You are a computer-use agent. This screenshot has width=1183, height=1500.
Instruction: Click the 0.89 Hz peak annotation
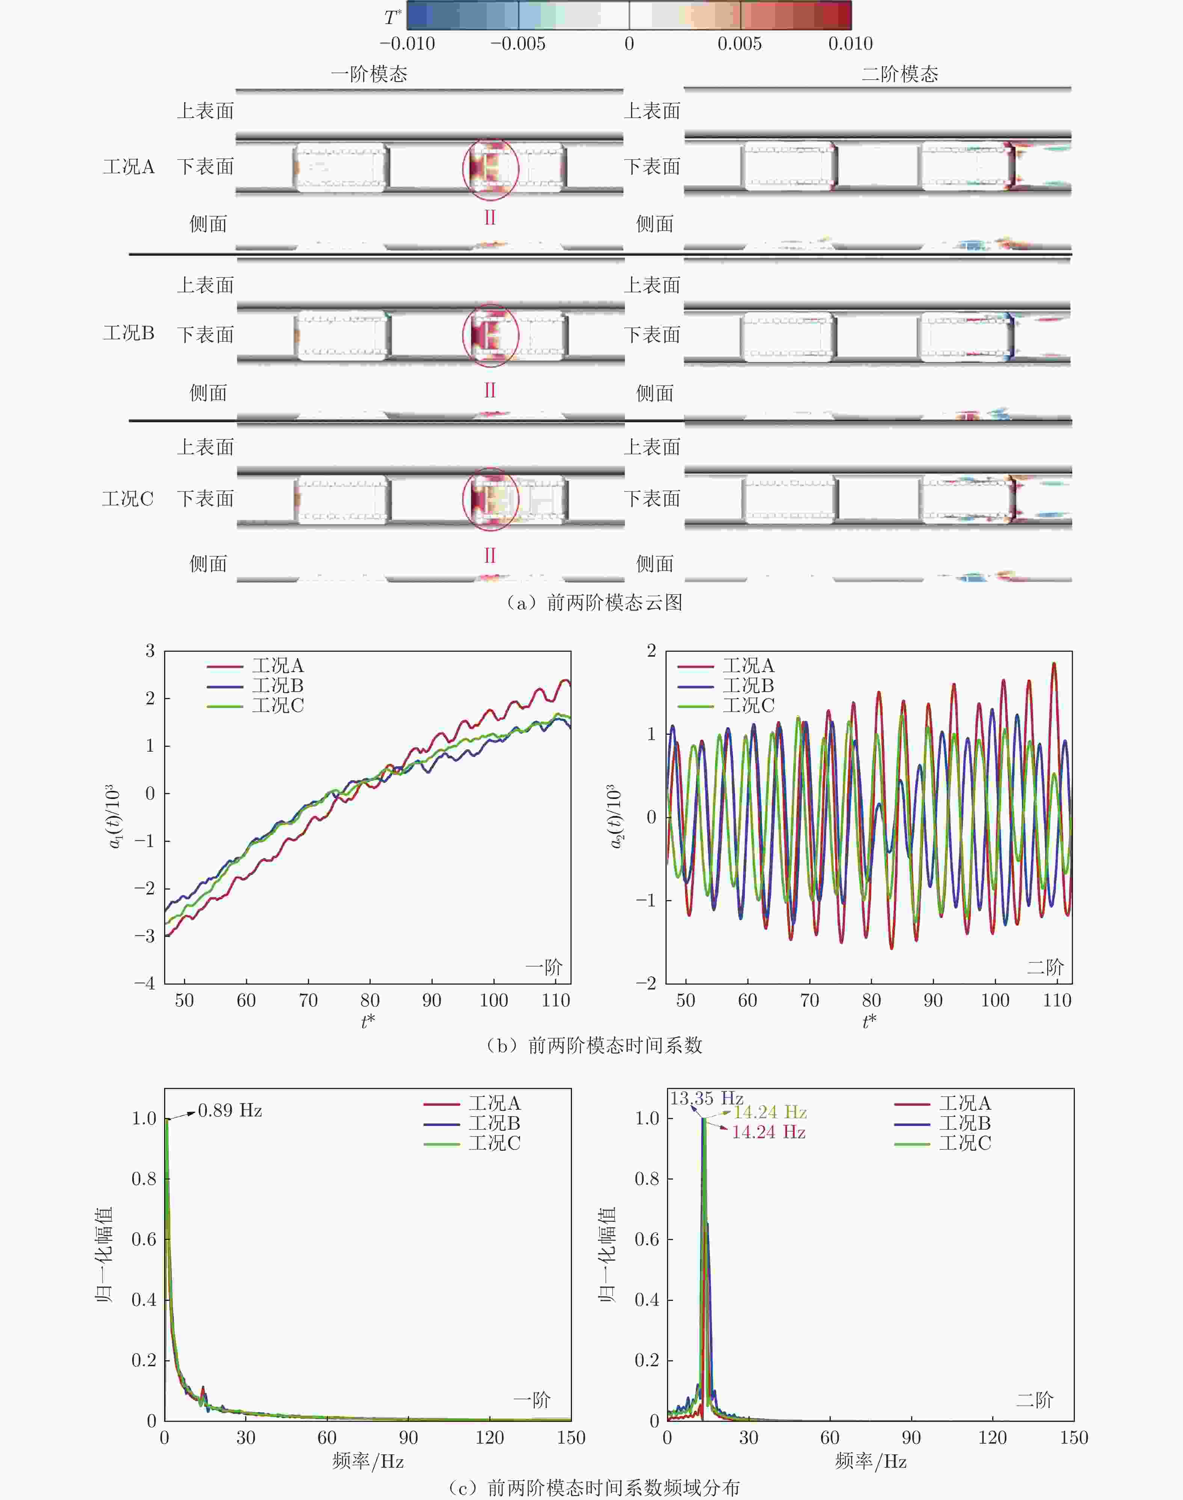229,1110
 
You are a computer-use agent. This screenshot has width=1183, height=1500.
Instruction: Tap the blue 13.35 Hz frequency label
706,1098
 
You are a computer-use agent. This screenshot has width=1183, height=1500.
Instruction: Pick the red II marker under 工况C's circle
490,556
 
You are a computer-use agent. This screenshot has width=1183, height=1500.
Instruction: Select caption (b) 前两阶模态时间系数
594,1045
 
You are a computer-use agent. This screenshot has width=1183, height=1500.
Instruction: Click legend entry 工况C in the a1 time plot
277,705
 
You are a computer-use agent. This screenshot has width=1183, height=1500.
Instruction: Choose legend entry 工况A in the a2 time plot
748,666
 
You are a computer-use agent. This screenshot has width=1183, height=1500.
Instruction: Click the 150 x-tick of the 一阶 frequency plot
571,1438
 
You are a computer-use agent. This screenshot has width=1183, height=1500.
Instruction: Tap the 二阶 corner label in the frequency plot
1034,1400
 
